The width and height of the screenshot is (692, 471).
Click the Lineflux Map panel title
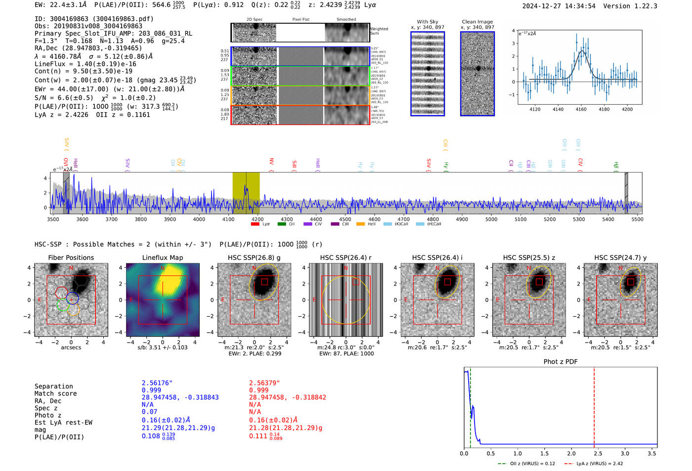point(162,257)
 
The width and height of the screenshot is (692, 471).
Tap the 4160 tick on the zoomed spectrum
point(581,109)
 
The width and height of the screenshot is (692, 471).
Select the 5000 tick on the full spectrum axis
point(491,219)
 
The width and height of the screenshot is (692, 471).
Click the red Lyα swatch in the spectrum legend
point(255,224)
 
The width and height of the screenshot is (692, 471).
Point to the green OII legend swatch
point(282,224)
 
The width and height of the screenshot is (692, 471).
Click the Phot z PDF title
point(560,362)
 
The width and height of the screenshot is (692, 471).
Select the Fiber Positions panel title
point(71,257)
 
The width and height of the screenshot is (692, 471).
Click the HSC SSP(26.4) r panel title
point(346,257)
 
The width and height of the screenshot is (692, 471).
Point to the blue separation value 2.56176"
point(157,383)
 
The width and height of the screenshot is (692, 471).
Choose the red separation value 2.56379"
point(264,383)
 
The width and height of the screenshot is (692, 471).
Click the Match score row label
point(55,393)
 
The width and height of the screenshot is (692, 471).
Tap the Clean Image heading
point(477,22)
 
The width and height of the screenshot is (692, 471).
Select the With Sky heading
point(427,22)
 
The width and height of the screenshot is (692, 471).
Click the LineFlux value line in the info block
point(86,64)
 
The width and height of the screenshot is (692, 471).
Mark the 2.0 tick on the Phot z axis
point(571,453)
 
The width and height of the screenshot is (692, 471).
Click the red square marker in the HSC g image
point(264,282)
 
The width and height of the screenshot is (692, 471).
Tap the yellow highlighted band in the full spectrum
point(246,193)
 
